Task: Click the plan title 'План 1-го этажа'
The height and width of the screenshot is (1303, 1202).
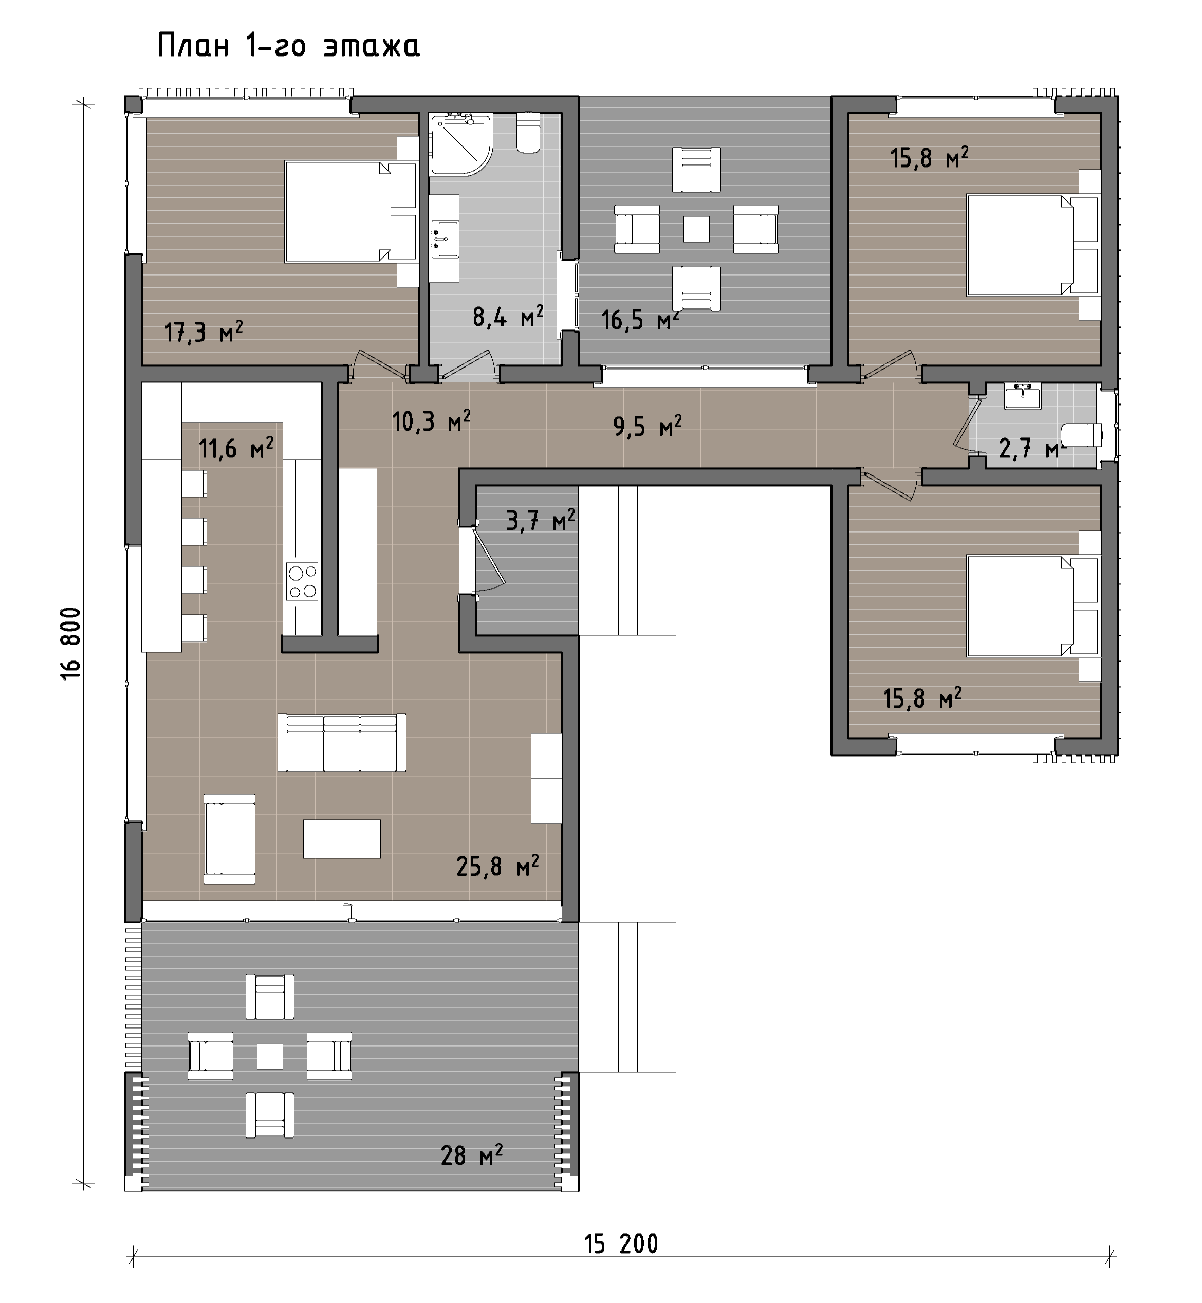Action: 289,46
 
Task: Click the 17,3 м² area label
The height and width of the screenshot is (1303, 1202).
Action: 204,332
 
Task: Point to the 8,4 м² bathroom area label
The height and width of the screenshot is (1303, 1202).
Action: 508,317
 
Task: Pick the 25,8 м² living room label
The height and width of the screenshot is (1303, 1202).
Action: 497,867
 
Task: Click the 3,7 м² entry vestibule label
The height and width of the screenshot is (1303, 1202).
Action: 541,520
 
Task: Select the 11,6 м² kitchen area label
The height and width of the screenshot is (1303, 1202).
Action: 236,448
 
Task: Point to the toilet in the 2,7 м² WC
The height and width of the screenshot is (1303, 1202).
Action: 1082,434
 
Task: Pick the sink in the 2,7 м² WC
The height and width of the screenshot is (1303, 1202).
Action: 1023,396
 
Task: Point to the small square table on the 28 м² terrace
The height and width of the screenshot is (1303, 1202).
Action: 270,1056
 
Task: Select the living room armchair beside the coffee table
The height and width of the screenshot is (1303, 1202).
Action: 230,838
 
